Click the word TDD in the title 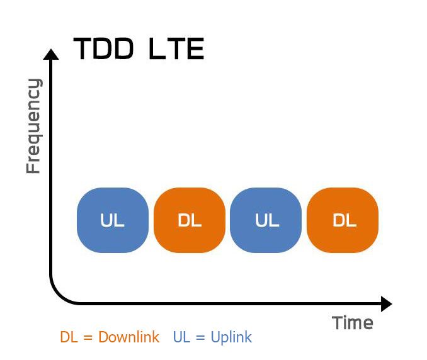point(103,49)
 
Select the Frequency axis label point(33,126)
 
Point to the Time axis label point(353,323)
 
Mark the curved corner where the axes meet point(58,296)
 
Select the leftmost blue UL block point(113,220)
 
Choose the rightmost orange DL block point(343,220)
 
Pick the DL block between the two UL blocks point(190,220)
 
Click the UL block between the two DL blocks point(266,220)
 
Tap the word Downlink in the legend point(129,337)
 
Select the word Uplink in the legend point(231,337)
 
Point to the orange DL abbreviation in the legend point(68,337)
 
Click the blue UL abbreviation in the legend point(181,337)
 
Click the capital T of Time point(338,323)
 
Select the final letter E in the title point(196,49)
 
